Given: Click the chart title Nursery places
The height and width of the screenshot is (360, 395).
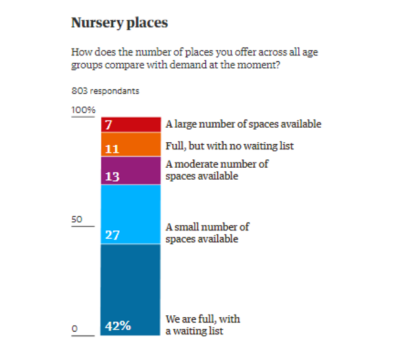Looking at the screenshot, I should [x=119, y=23].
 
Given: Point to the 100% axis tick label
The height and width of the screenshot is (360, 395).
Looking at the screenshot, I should [x=84, y=110].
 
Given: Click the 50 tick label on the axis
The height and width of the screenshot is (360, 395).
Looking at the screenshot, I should [x=78, y=219].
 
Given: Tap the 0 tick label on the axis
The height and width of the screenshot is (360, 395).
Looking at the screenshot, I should [x=75, y=328].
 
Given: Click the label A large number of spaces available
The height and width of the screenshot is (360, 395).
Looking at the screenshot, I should [x=244, y=124].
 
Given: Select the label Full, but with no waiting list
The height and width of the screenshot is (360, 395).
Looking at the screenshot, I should [x=229, y=145].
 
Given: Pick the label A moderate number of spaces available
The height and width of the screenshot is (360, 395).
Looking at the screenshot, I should [x=217, y=170].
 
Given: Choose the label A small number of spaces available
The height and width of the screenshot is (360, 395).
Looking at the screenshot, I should [x=207, y=233].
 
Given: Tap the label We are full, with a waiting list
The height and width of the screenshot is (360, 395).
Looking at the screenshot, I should [x=203, y=325].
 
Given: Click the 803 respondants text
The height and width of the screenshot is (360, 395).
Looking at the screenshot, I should [x=105, y=91].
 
